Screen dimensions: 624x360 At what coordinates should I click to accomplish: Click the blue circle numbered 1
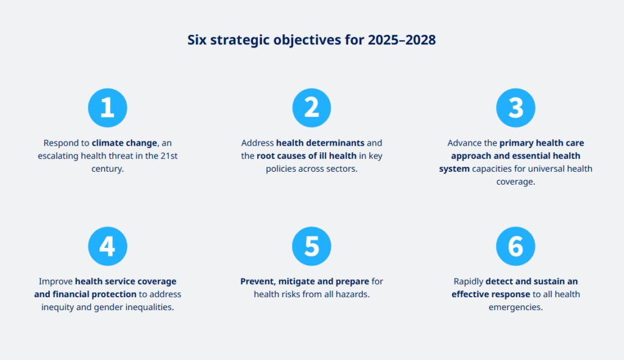pyautogui.click(x=107, y=108)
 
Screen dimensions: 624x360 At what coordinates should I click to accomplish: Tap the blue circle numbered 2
pyautogui.click(x=311, y=108)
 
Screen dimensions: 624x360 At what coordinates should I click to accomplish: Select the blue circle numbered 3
pyautogui.click(x=516, y=108)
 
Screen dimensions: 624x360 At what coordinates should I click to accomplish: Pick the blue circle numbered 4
pyautogui.click(x=107, y=246)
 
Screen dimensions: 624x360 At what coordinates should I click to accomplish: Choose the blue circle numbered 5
pyautogui.click(x=311, y=246)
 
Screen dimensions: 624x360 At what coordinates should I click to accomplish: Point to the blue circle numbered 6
pyautogui.click(x=516, y=246)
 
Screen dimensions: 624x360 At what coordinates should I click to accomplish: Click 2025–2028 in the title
pyautogui.click(x=402, y=40)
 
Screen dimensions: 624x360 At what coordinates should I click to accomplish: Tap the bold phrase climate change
pyautogui.click(x=124, y=143)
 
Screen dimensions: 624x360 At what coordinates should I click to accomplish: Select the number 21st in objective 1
pyautogui.click(x=169, y=155)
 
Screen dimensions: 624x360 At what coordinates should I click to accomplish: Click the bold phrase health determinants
pyautogui.click(x=321, y=143)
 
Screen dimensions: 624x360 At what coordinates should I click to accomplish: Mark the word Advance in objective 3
pyautogui.click(x=462, y=143)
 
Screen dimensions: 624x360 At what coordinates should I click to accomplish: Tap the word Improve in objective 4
pyautogui.click(x=55, y=281)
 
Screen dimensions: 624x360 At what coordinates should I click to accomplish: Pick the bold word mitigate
pyautogui.click(x=297, y=281)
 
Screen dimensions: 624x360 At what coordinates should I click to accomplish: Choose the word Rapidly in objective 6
pyautogui.click(x=469, y=281)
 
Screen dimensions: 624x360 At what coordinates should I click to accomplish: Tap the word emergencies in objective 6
pyautogui.click(x=516, y=308)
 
